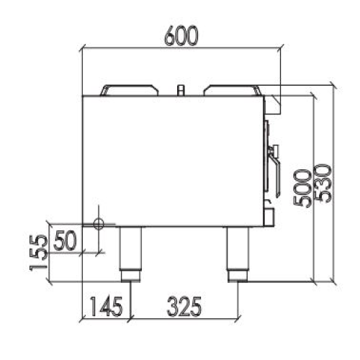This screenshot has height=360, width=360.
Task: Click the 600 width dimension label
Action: pos(180,36)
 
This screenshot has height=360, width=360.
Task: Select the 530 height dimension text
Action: pos(323,184)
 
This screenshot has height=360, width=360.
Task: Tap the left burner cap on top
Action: pos(130,91)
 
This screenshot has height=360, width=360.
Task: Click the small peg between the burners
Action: pos(180,90)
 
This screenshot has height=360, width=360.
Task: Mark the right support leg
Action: pos(235,248)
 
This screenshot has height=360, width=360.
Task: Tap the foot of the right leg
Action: pos(235,276)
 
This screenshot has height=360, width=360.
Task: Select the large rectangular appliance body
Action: pos(173,158)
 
